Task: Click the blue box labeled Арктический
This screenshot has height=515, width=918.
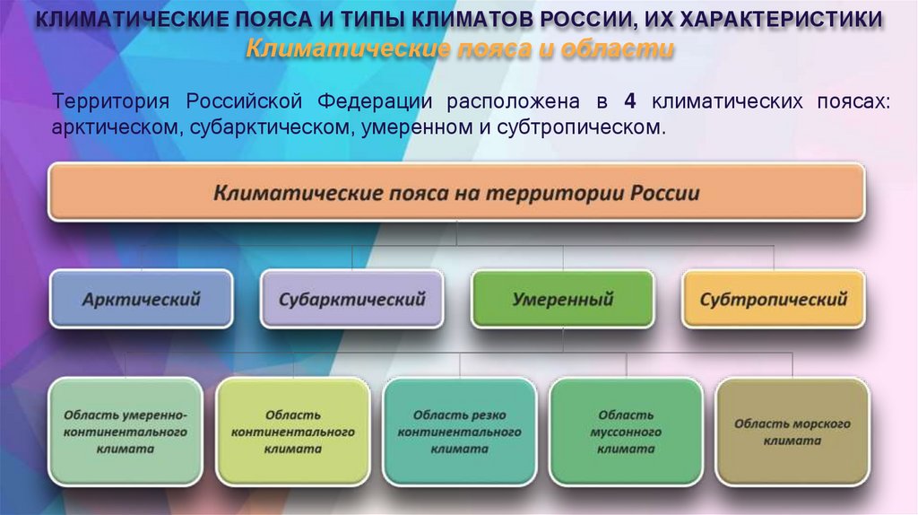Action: (141, 300)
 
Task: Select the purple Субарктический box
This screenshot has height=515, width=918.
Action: (351, 300)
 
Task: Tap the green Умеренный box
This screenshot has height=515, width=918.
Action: (562, 300)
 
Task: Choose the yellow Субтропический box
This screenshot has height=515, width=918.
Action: (773, 300)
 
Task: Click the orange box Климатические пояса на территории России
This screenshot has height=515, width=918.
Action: (456, 193)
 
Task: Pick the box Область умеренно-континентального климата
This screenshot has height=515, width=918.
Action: (126, 432)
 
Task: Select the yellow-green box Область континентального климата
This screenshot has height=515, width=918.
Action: (292, 432)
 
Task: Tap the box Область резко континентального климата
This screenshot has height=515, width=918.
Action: (459, 432)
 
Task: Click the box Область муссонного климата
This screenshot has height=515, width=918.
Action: (626, 432)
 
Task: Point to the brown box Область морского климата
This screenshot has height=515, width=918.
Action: (792, 432)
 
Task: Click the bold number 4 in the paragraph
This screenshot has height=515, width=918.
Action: (629, 101)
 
